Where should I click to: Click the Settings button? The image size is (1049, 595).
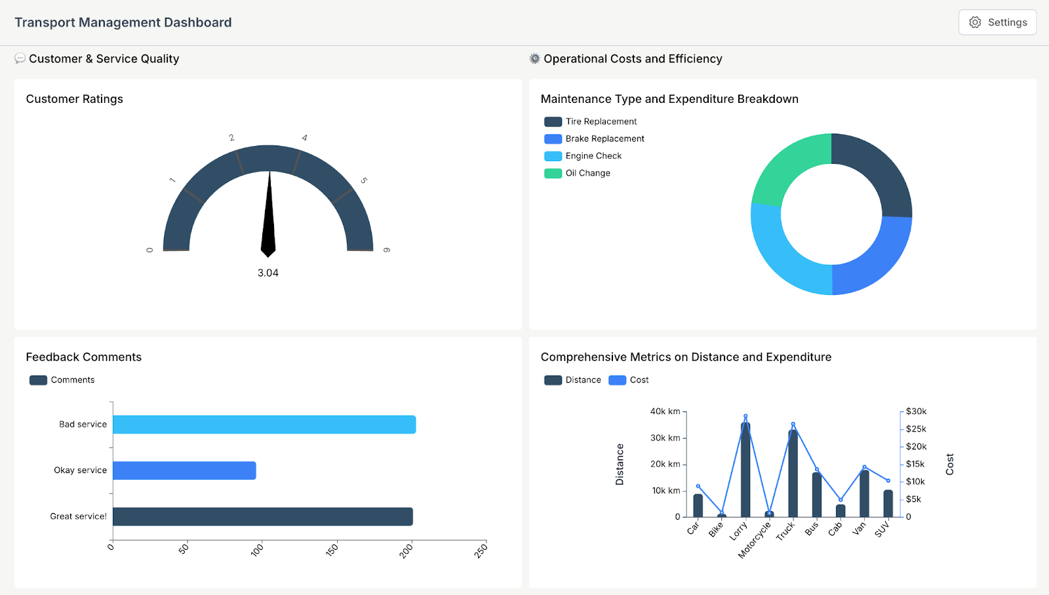tap(997, 22)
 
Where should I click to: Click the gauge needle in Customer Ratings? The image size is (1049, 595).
tap(268, 216)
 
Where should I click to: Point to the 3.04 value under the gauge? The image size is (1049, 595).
tap(267, 273)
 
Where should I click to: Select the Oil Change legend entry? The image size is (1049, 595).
tap(587, 173)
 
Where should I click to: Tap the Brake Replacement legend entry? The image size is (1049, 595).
tap(604, 139)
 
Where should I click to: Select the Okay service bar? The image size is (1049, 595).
tap(184, 470)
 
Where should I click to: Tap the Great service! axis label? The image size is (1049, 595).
tap(78, 516)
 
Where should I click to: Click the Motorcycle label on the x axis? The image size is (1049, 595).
tap(754, 541)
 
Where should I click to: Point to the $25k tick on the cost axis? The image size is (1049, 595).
tap(916, 429)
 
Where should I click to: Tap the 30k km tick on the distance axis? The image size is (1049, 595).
tap(665, 438)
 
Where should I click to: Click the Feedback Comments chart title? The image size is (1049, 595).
tap(84, 357)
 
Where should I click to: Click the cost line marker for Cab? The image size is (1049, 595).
tap(841, 500)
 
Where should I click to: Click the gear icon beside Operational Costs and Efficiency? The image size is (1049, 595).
tap(535, 59)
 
